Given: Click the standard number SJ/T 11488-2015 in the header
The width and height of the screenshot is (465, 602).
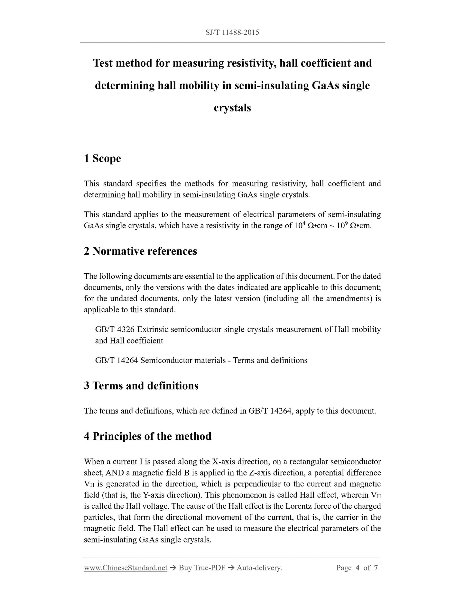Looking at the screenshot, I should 232,33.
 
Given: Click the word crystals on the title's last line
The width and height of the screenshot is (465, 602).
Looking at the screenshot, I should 232,108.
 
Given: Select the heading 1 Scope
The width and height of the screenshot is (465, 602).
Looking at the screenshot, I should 102,158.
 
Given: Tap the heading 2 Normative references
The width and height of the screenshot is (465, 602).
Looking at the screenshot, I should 140,251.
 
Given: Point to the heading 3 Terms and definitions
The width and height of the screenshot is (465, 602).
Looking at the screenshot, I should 141,385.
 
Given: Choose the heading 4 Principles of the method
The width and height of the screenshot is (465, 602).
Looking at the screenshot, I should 148,436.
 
